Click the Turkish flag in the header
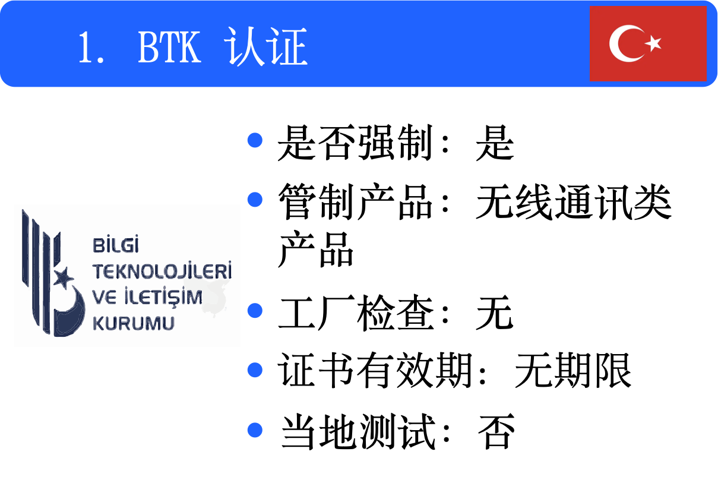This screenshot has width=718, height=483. pyautogui.click(x=647, y=43)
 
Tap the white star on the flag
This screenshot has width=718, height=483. pyautogui.click(x=653, y=43)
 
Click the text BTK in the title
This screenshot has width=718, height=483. pyautogui.click(x=169, y=48)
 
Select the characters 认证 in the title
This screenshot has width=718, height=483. pyautogui.click(x=267, y=48)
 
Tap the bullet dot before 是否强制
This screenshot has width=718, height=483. pyautogui.click(x=255, y=140)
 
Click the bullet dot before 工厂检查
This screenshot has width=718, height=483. pyautogui.click(x=255, y=310)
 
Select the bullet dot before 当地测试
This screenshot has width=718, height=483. pyautogui.click(x=255, y=429)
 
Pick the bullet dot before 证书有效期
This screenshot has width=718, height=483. pyautogui.click(x=255, y=370)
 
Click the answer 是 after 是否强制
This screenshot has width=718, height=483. pyautogui.click(x=494, y=143)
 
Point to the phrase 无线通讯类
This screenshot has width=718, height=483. pyautogui.click(x=574, y=203)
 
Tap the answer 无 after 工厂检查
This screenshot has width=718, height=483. pyautogui.click(x=494, y=313)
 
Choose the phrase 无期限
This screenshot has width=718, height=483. pyautogui.click(x=572, y=372)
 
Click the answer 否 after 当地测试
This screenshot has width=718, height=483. pyautogui.click(x=495, y=432)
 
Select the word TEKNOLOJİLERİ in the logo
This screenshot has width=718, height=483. pyautogui.click(x=162, y=272)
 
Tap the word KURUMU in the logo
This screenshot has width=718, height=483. pyautogui.click(x=134, y=323)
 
